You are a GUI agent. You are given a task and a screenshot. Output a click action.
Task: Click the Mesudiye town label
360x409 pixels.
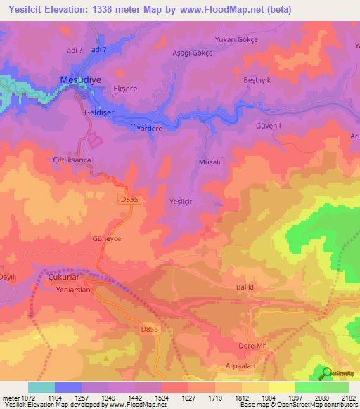81,79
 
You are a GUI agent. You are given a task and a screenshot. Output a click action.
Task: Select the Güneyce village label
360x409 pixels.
107,239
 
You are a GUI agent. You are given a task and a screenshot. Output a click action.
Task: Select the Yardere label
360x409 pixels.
149,129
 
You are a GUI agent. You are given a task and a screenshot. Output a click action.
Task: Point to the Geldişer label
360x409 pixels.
98,112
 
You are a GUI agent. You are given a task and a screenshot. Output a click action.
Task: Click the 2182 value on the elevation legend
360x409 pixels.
349,398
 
